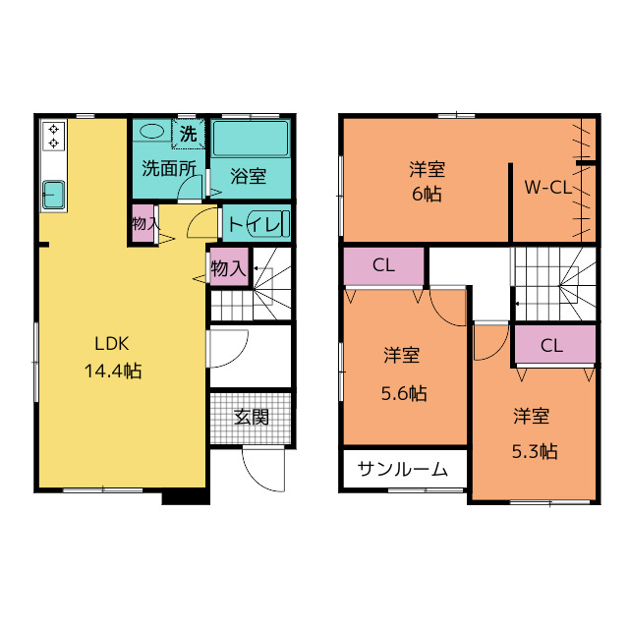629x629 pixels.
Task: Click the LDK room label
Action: pyautogui.click(x=112, y=344)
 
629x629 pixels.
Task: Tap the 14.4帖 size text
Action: pyautogui.click(x=113, y=372)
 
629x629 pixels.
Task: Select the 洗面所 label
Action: pyautogui.click(x=169, y=168)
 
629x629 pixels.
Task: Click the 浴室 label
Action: pyautogui.click(x=249, y=176)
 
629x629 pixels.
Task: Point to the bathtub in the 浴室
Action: pyautogui.click(x=251, y=139)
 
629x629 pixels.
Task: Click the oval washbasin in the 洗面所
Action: pyautogui.click(x=151, y=131)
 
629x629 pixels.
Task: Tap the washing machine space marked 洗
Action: pyautogui.click(x=188, y=134)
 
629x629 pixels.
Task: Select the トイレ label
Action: pyautogui.click(x=255, y=225)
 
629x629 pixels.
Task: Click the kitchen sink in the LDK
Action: pyautogui.click(x=54, y=195)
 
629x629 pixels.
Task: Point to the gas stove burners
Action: pyautogui.click(x=53, y=136)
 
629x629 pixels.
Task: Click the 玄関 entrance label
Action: pyautogui.click(x=252, y=417)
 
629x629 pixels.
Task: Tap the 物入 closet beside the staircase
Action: pyautogui.click(x=229, y=267)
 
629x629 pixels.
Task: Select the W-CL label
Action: pyautogui.click(x=548, y=188)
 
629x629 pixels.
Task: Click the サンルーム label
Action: pyautogui.click(x=402, y=469)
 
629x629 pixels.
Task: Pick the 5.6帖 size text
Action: pyautogui.click(x=404, y=393)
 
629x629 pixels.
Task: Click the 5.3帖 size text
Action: pyautogui.click(x=535, y=452)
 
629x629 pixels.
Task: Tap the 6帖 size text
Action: pyautogui.click(x=427, y=195)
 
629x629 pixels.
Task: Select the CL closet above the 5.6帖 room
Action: pyautogui.click(x=384, y=266)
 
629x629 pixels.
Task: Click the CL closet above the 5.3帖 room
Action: pyautogui.click(x=555, y=345)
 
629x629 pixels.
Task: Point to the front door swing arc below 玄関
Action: pyautogui.click(x=257, y=478)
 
